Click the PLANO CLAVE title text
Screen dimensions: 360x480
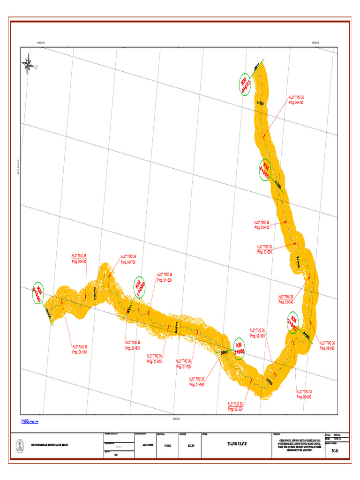coord(237,443)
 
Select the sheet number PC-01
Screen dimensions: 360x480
coord(335,450)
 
